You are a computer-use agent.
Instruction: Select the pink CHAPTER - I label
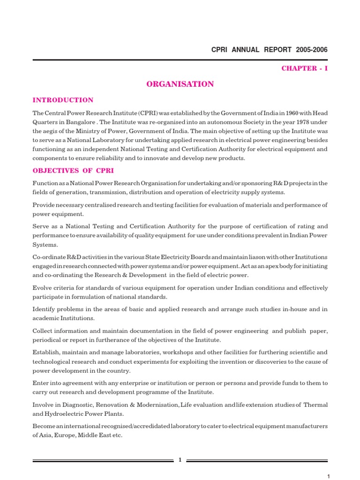[x=305, y=68]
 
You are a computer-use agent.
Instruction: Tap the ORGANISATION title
[x=180, y=84]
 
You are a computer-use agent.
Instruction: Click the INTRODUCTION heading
[x=63, y=100]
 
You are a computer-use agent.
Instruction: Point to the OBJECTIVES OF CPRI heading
[x=73, y=171]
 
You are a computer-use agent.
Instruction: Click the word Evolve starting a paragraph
[x=42, y=288]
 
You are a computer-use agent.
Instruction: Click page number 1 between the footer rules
[x=180, y=460]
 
